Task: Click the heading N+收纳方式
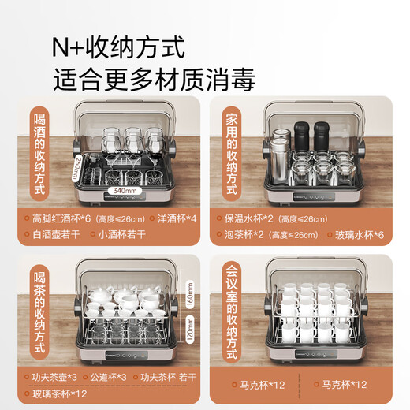[119, 49]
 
